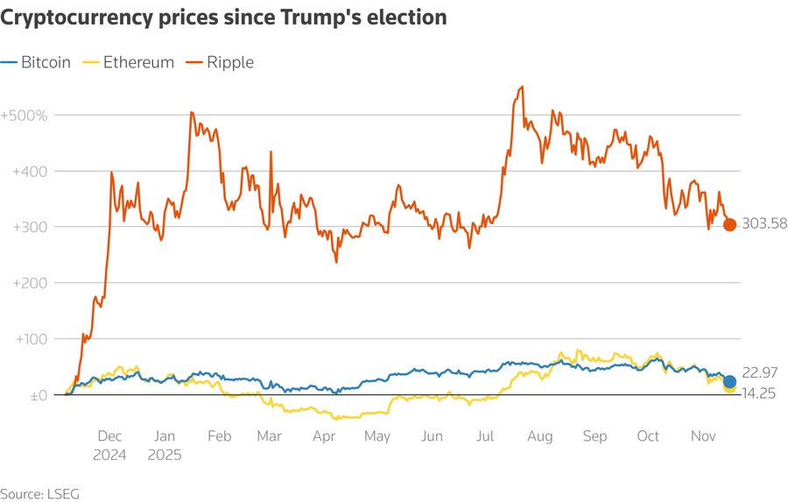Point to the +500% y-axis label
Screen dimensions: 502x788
[25, 115]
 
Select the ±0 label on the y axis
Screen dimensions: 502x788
[35, 395]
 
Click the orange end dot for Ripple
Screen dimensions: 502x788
[729, 224]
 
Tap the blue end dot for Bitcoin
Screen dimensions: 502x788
[729, 381]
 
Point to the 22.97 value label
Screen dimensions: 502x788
[758, 373]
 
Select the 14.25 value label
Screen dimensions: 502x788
[758, 395]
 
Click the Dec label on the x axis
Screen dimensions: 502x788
[110, 436]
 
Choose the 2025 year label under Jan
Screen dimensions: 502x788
[164, 455]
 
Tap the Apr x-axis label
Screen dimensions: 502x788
[324, 436]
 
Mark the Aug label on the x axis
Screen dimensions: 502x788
[541, 436]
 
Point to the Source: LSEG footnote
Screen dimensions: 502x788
[39, 493]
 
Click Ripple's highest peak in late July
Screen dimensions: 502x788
[523, 87]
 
